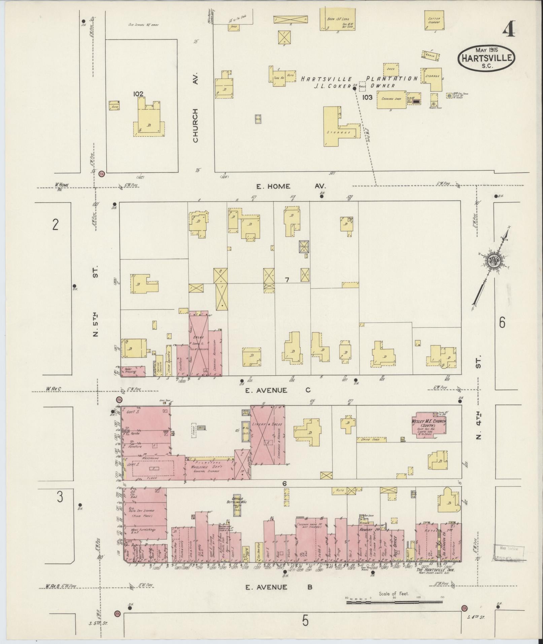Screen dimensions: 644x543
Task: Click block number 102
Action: tap(138, 94)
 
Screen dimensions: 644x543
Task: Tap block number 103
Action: tap(367, 97)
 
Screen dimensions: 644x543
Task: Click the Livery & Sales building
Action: tap(268, 434)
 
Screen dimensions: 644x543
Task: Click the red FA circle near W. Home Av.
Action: tap(102, 174)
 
